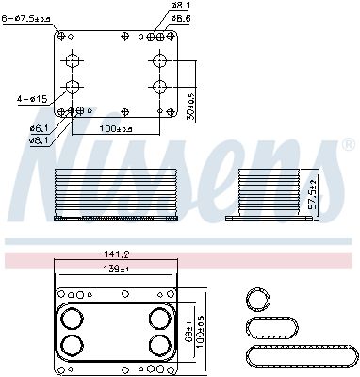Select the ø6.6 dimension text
coord(182,18)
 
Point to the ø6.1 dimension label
coord(40,127)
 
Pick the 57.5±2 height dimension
coord(315,193)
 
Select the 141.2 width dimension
coord(118,254)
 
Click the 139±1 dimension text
coord(118,270)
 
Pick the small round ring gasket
coord(256,301)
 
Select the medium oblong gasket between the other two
coord(271,328)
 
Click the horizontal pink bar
coord(179,256)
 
